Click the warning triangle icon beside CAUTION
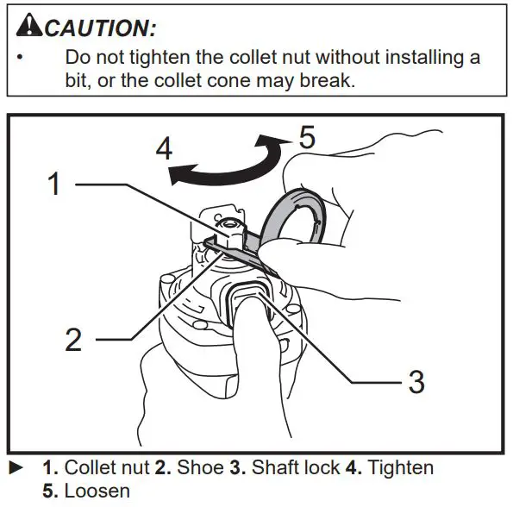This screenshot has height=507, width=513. coord(28,27)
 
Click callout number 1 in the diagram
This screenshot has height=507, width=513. coord(53,184)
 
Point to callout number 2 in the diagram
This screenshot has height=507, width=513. coord(73,339)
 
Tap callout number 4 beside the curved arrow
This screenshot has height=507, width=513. coord(163,148)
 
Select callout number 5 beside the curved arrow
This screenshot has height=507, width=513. coord(308,137)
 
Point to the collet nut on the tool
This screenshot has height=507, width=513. coord(231,232)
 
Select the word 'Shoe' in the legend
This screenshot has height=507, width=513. coord(198,468)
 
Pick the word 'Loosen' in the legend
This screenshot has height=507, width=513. coord(97,491)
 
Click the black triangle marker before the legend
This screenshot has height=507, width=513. coord(15,468)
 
